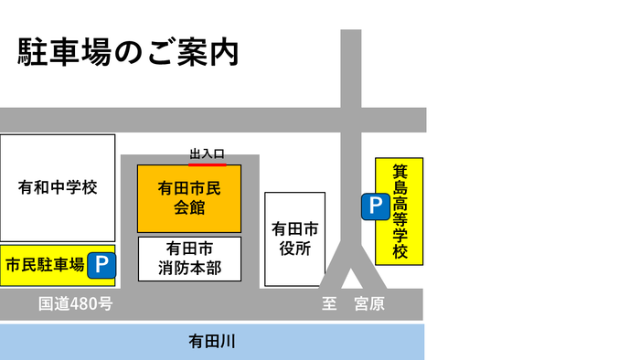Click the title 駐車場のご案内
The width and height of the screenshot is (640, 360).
pos(128,52)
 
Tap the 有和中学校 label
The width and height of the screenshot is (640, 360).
pos(58,187)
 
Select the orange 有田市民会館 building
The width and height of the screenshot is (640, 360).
pos(189,197)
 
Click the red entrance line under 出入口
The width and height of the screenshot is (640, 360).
pos(208,164)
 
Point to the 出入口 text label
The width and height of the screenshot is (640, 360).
pos(207,155)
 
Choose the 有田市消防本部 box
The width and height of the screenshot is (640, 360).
pos(189,259)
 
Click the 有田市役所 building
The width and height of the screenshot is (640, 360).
pos(294,238)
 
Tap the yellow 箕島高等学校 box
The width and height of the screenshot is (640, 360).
pos(400,211)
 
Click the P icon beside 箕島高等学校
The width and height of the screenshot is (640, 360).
pos(374,207)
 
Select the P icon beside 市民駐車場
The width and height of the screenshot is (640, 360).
pos(101,266)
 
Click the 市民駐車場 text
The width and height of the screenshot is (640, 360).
pos(45,266)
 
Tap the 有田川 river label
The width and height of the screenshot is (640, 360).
pos(212,341)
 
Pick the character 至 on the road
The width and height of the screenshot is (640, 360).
pos(330,304)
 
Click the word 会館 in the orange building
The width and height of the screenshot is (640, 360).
pos(189,207)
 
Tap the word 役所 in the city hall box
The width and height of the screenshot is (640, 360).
pos(294,249)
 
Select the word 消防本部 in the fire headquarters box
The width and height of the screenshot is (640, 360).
pos(189,269)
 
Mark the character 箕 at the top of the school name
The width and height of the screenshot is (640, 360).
pos(400,171)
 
